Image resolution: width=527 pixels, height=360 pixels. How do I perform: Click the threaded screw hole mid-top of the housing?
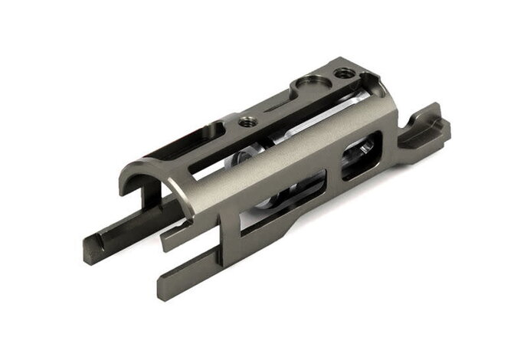[x=247, y=121]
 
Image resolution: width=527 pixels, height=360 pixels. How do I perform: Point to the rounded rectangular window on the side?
[x=360, y=159]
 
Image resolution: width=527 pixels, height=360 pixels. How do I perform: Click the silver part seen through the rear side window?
[x=360, y=157]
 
